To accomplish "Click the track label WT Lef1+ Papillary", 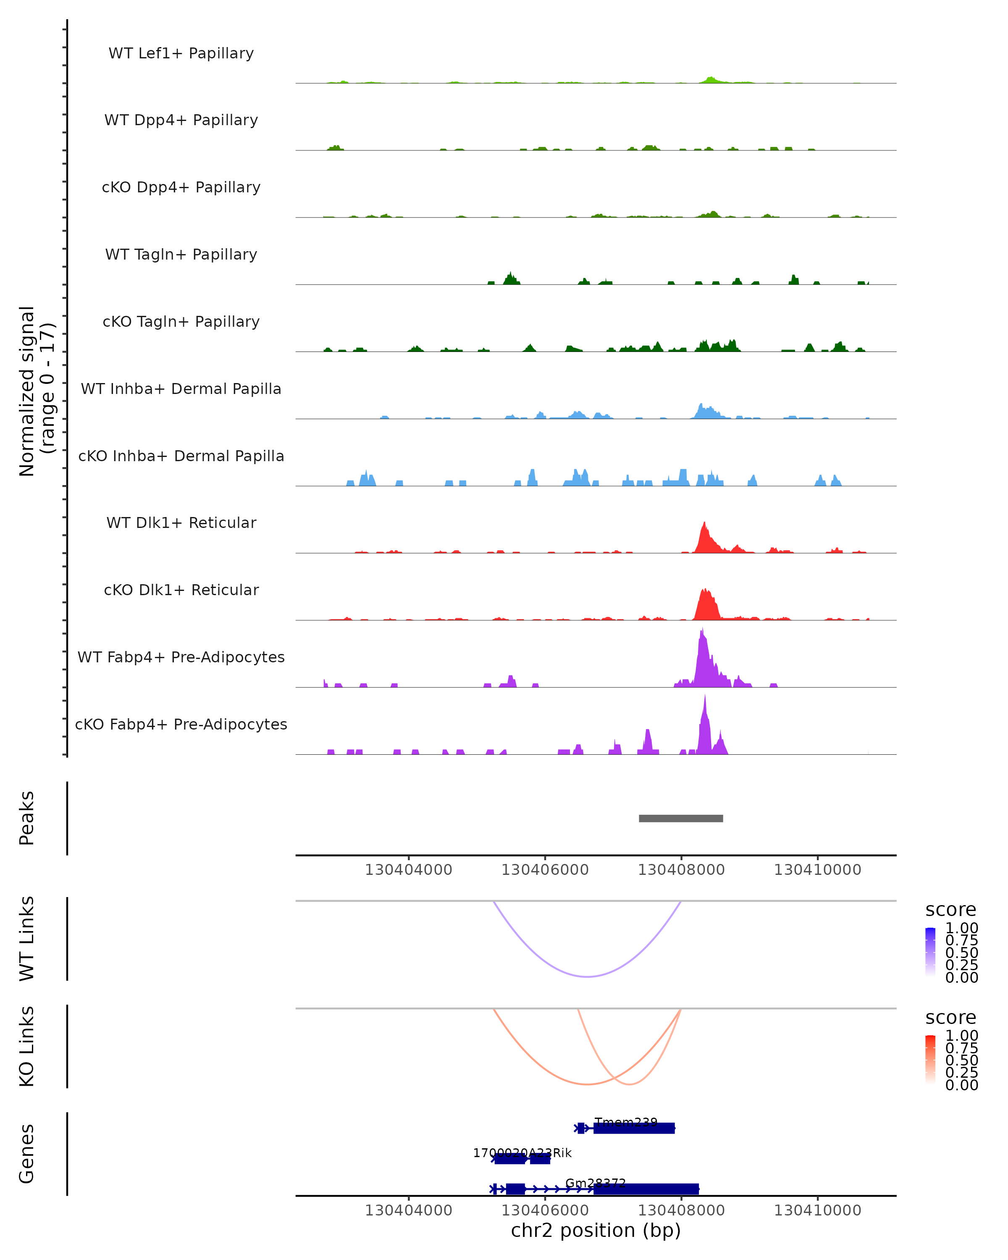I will pos(181,53).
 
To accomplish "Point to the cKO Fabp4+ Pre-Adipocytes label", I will pos(181,724).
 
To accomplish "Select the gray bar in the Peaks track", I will pos(681,818).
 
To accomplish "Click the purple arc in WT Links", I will pos(587,976).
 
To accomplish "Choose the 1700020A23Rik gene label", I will pos(522,1153).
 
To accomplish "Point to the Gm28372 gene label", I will pos(596,1184).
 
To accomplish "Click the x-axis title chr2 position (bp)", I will pos(596,1230).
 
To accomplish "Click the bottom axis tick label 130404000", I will pos(409,1210).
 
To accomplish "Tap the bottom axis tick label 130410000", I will pos(817,1210).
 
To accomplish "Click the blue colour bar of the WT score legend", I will pos(930,951).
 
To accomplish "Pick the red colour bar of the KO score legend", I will pos(930,1059).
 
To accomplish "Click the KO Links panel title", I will pos(27,1046).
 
